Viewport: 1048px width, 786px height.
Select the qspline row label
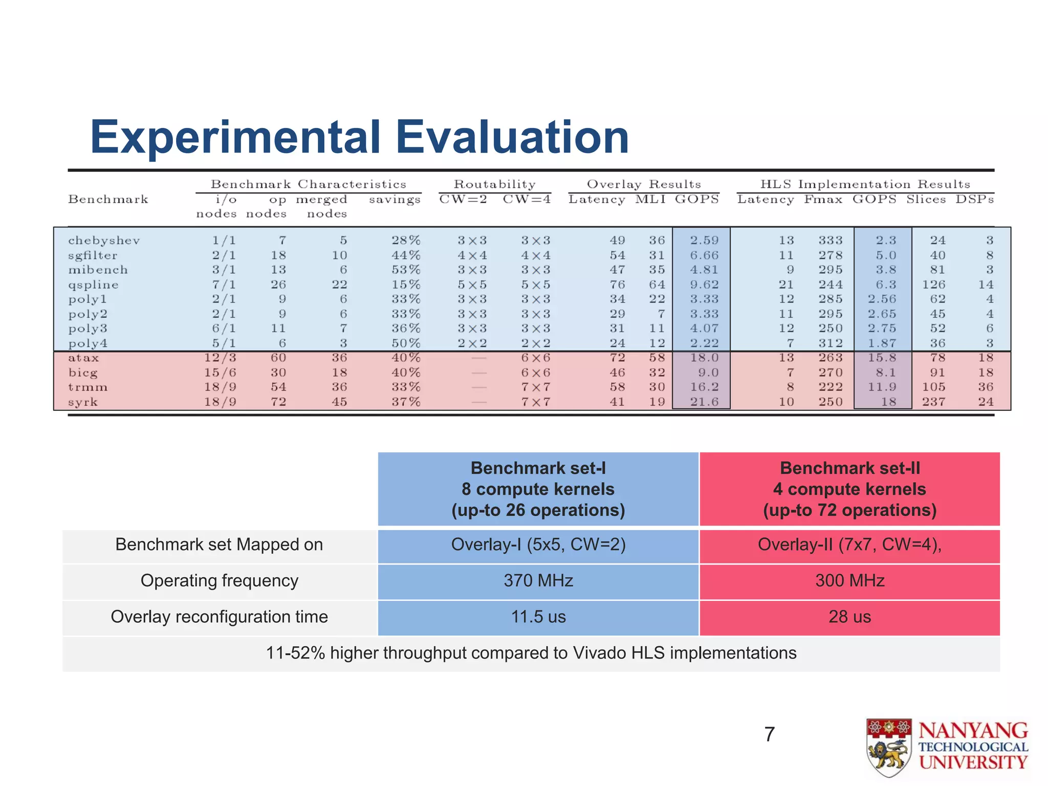pos(93,285)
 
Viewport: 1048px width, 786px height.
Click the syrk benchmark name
pos(83,402)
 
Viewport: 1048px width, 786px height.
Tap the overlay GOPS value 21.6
pos(704,402)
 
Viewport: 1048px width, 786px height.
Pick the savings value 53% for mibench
pos(406,270)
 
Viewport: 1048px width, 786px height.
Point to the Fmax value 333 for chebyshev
pos(830,241)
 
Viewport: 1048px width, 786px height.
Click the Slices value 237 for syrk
pos(933,402)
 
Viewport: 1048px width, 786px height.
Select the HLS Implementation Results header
pos(865,184)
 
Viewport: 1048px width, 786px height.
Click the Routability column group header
pos(495,184)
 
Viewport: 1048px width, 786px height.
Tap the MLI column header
pos(650,200)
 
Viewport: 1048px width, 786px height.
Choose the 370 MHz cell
pos(538,581)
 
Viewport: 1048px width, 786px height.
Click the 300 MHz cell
pos(849,581)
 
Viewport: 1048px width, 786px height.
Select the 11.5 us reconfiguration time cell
pos(538,617)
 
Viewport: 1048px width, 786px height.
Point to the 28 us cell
pos(849,617)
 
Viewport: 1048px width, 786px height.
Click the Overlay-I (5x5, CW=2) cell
pos(538,544)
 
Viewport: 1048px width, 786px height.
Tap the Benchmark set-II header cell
pos(849,489)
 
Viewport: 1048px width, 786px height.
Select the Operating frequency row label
pos(219,581)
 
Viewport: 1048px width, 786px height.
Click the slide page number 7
pos(769,735)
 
